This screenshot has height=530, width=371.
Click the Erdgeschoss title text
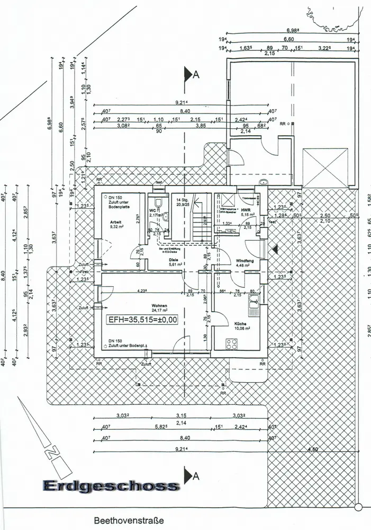(x=110, y=485)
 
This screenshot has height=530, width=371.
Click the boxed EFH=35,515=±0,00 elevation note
(x=142, y=320)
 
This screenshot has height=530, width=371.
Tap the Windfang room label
(x=244, y=261)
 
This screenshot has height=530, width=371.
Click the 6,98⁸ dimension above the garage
(x=293, y=31)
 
